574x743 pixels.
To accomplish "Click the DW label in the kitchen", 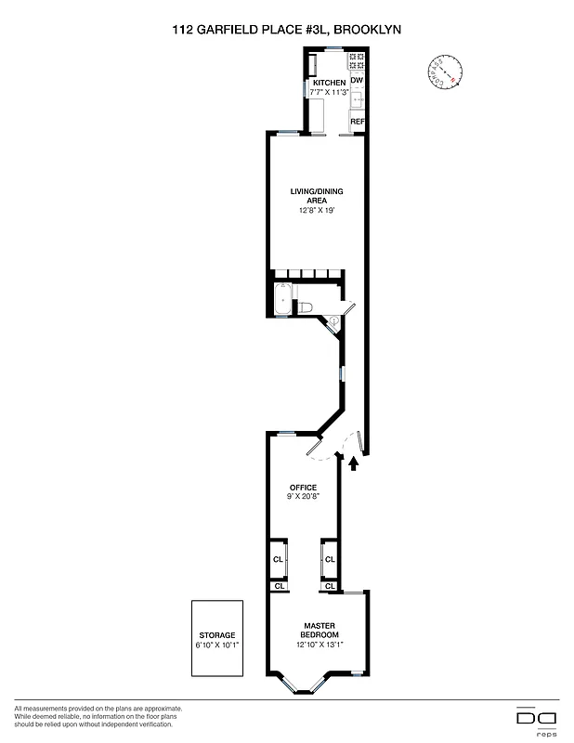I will (x=356, y=82).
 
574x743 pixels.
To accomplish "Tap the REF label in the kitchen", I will (x=357, y=122).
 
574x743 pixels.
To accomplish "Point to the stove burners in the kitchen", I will (x=357, y=62).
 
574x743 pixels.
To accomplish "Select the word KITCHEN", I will (x=328, y=83).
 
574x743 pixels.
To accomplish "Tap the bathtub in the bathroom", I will (x=282, y=301).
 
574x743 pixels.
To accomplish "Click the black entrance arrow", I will (x=353, y=463).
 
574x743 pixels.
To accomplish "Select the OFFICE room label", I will (x=304, y=488).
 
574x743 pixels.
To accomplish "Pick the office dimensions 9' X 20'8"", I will (x=304, y=497).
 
